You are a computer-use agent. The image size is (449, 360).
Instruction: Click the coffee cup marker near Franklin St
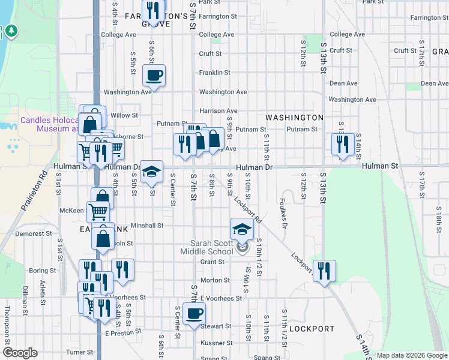pos(154,76)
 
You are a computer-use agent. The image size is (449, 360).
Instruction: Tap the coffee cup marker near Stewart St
pos(194,313)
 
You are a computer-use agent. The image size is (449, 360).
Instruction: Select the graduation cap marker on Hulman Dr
pos(152,172)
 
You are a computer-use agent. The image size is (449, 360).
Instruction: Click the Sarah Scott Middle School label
pos(211,248)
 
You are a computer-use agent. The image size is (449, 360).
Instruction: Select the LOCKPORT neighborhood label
pos(312,329)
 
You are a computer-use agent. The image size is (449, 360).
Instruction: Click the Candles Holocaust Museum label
pos(49,124)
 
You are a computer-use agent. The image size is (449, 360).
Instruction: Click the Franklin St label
pos(215,73)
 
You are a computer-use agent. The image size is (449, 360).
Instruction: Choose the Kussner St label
pos(216,343)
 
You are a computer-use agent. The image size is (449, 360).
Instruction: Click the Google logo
pos(20,353)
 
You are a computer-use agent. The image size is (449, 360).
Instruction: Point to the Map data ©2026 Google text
pos(411,355)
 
